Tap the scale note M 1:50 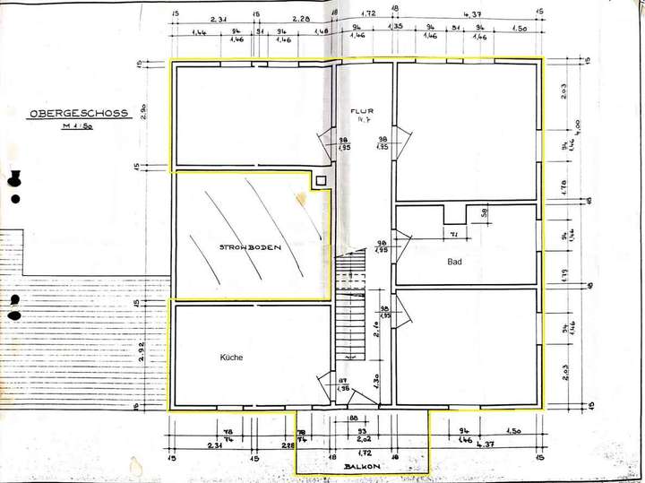[78, 128]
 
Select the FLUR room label [362, 111]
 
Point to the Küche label [231, 357]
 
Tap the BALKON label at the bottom [362, 466]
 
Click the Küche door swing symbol [322, 391]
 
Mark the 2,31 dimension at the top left [216, 19]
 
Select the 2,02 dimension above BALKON [364, 440]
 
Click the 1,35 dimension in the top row [395, 29]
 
